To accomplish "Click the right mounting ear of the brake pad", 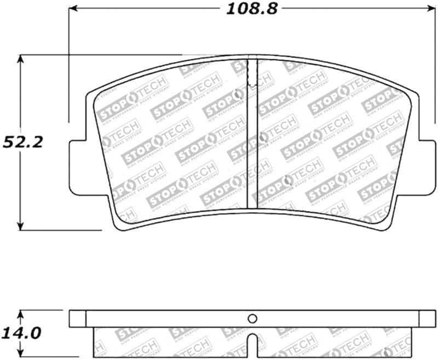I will [x=427, y=167].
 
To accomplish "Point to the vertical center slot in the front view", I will [x=252, y=142].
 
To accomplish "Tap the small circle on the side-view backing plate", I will [x=252, y=318].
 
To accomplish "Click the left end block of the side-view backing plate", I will [x=78, y=318].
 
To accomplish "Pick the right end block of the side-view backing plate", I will [x=427, y=318].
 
